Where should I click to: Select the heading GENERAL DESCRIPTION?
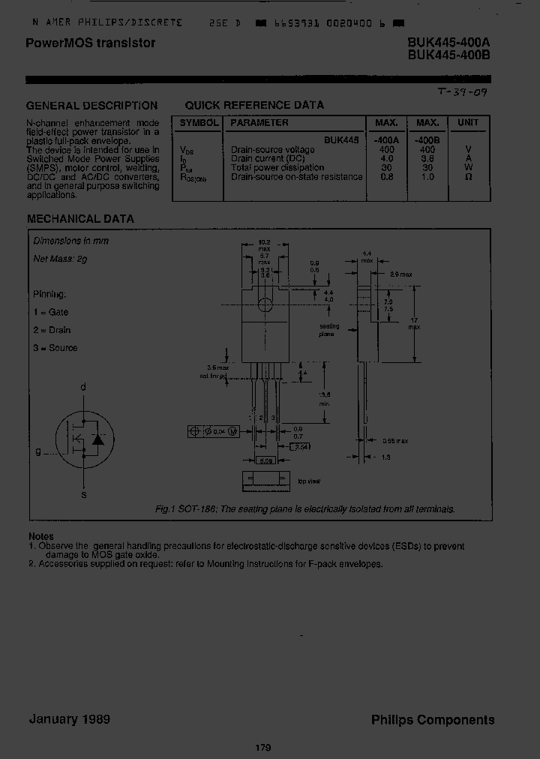tap(92, 106)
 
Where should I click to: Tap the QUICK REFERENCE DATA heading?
tap(254, 106)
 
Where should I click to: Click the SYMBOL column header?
tap(198, 122)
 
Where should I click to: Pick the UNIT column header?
tap(469, 122)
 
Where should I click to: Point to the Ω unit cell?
tap(469, 177)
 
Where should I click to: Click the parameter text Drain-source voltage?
tap(273, 150)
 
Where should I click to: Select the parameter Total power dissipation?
tap(277, 168)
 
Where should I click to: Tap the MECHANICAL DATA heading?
tap(81, 219)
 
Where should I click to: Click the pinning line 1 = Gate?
tap(51, 312)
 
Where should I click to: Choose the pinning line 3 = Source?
tap(55, 348)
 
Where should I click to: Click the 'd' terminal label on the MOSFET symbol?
tap(83, 387)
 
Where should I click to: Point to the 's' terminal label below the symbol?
tap(83, 495)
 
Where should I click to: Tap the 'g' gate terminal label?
tap(37, 452)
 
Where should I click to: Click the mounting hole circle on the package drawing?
tap(264, 304)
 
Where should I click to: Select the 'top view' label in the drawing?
tap(308, 481)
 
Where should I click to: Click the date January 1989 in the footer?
tap(70, 719)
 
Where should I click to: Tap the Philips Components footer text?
tap(433, 720)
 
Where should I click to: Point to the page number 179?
tap(262, 748)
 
